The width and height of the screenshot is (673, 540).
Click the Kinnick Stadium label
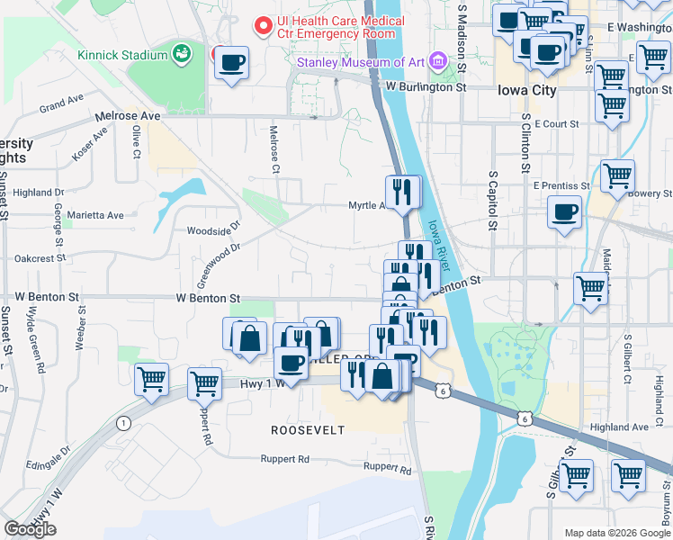122,55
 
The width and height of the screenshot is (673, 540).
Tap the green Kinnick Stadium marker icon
182,54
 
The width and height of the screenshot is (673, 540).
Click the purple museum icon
437,61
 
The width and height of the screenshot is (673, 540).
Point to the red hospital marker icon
264,25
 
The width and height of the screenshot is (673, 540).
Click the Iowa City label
527,90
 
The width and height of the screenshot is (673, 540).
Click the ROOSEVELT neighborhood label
309,430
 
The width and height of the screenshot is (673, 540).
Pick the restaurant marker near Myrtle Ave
403,191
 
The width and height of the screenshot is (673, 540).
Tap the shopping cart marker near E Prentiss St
617,175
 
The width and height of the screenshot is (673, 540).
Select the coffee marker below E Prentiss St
564,212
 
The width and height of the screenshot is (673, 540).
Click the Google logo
31,529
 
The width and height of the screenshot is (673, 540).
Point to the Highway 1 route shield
122,423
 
